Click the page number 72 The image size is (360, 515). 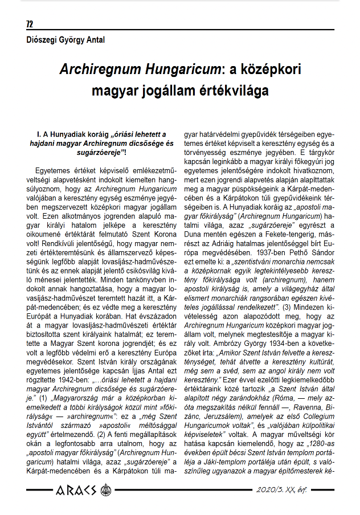(x=30, y=24)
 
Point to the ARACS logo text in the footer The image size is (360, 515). (x=75, y=489)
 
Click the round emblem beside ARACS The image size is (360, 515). (x=105, y=489)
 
